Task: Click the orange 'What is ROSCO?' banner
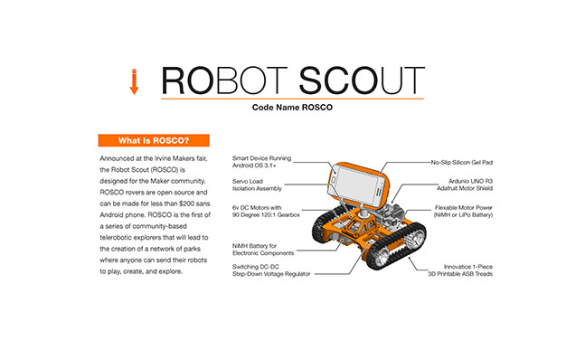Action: (153, 140)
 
